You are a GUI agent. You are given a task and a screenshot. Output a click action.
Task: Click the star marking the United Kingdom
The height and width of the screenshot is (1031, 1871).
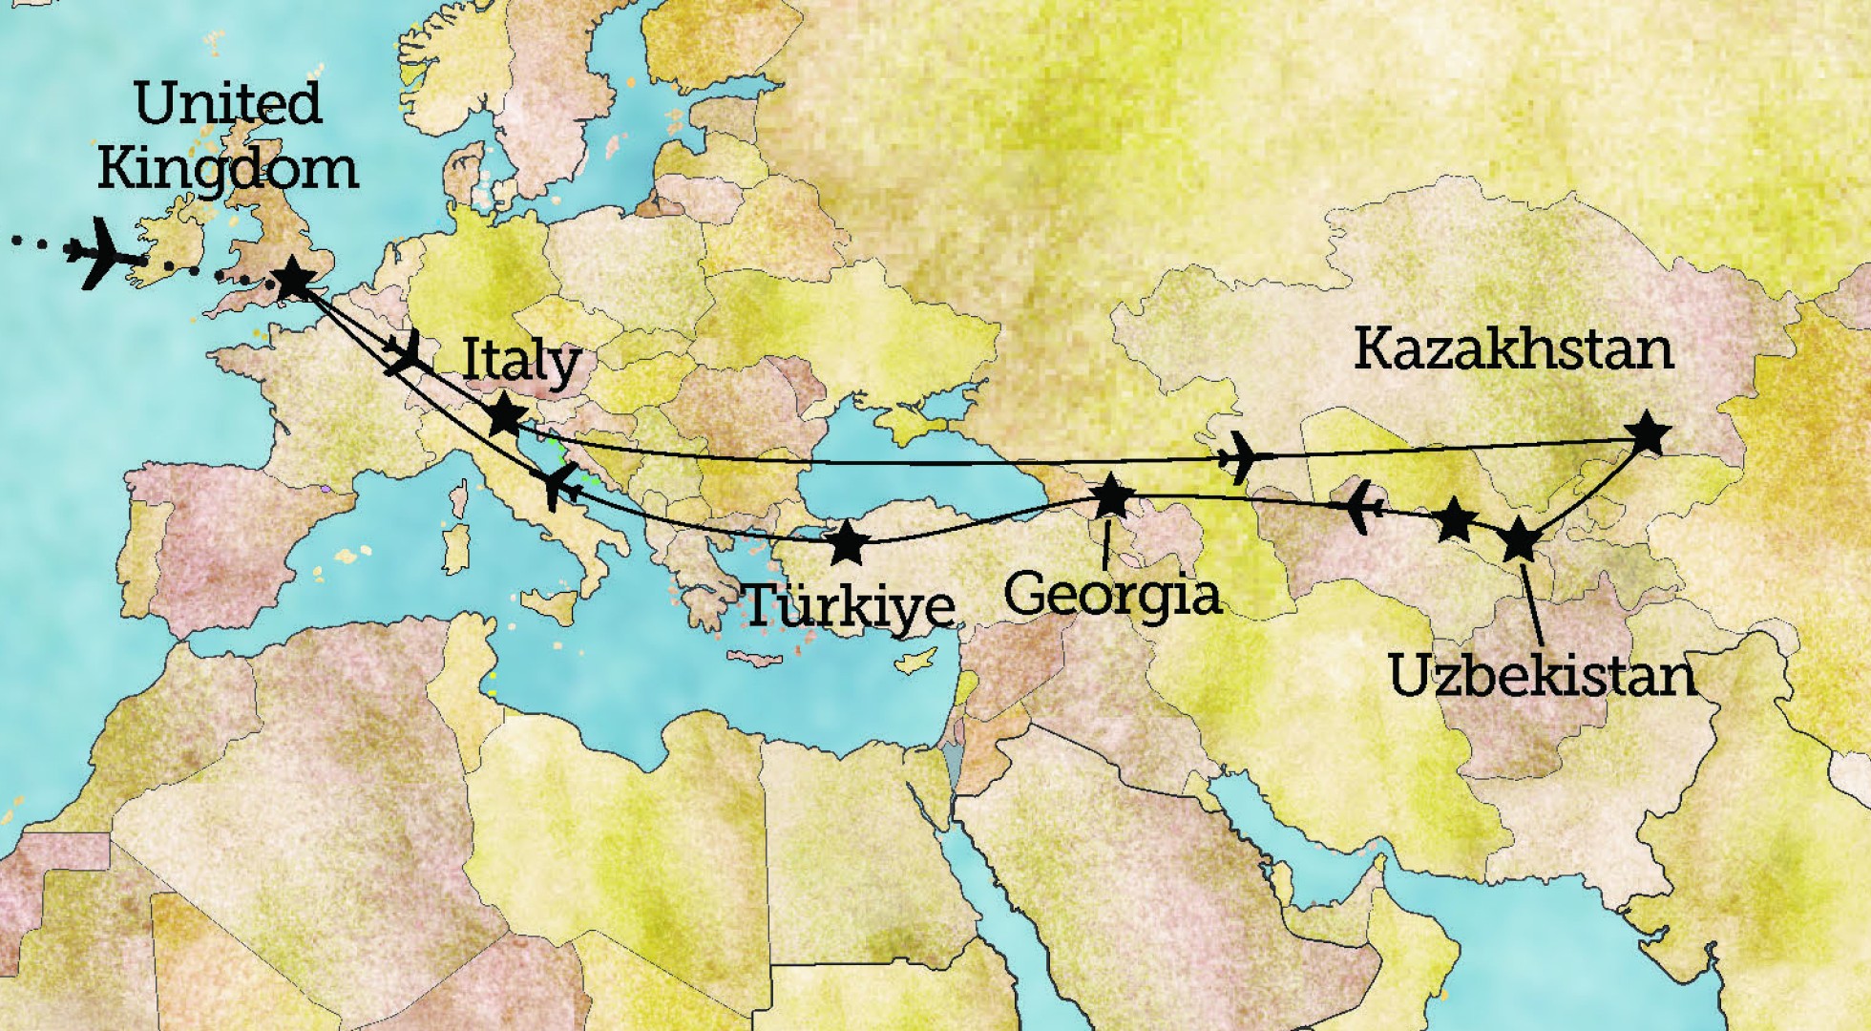[x=293, y=280]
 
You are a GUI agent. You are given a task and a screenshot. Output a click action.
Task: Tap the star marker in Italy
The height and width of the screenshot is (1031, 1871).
[x=505, y=416]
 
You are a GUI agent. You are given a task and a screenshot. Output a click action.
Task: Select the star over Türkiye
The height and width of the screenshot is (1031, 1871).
[x=848, y=543]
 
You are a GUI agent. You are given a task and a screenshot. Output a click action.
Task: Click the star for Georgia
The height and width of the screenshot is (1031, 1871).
[x=1110, y=496]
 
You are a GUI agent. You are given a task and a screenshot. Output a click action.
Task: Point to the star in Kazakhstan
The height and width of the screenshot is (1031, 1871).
[x=1648, y=435]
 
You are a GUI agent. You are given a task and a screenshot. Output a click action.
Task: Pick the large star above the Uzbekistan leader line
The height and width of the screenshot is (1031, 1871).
[x=1519, y=541]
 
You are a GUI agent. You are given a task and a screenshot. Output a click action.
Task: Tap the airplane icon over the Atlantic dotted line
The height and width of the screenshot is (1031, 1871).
[x=103, y=253]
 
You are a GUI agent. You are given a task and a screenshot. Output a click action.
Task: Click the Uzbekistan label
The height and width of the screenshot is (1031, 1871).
[x=1542, y=676]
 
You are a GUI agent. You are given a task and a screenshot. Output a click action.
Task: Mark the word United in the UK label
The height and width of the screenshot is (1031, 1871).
[x=227, y=103]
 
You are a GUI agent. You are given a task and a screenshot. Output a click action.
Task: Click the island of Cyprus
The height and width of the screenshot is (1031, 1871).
[x=914, y=661]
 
